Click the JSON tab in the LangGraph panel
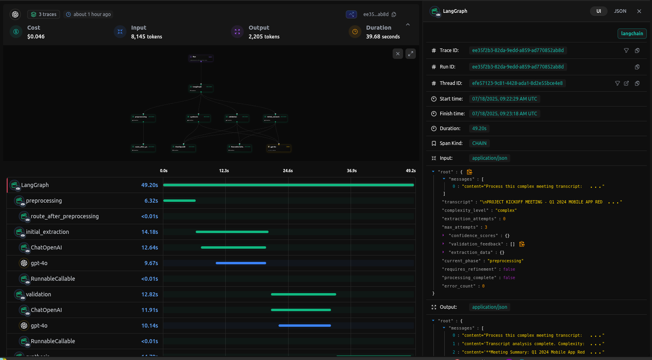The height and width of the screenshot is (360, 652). point(620,11)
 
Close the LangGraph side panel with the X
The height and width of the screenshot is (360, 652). point(639,11)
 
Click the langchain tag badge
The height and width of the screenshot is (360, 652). point(632,34)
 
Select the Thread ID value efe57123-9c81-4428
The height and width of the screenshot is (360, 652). point(517,83)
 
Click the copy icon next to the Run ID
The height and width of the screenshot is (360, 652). point(637,67)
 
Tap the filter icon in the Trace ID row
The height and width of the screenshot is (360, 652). point(626,50)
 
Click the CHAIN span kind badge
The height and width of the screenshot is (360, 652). point(479,143)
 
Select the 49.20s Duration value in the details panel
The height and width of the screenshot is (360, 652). point(479,129)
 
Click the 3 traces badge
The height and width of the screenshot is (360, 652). point(44,14)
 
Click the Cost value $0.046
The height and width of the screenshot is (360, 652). point(36,36)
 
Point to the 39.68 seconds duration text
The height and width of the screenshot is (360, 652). point(383,36)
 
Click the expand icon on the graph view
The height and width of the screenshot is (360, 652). point(411,54)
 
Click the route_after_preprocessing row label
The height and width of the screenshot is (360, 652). point(65,216)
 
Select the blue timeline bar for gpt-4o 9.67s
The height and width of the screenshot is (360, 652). point(241,263)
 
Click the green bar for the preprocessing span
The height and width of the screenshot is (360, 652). point(179,201)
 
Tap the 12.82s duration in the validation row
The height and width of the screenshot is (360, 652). point(150,294)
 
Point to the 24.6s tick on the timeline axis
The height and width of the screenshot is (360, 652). point(288,171)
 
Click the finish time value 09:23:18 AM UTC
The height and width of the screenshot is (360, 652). point(504,114)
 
